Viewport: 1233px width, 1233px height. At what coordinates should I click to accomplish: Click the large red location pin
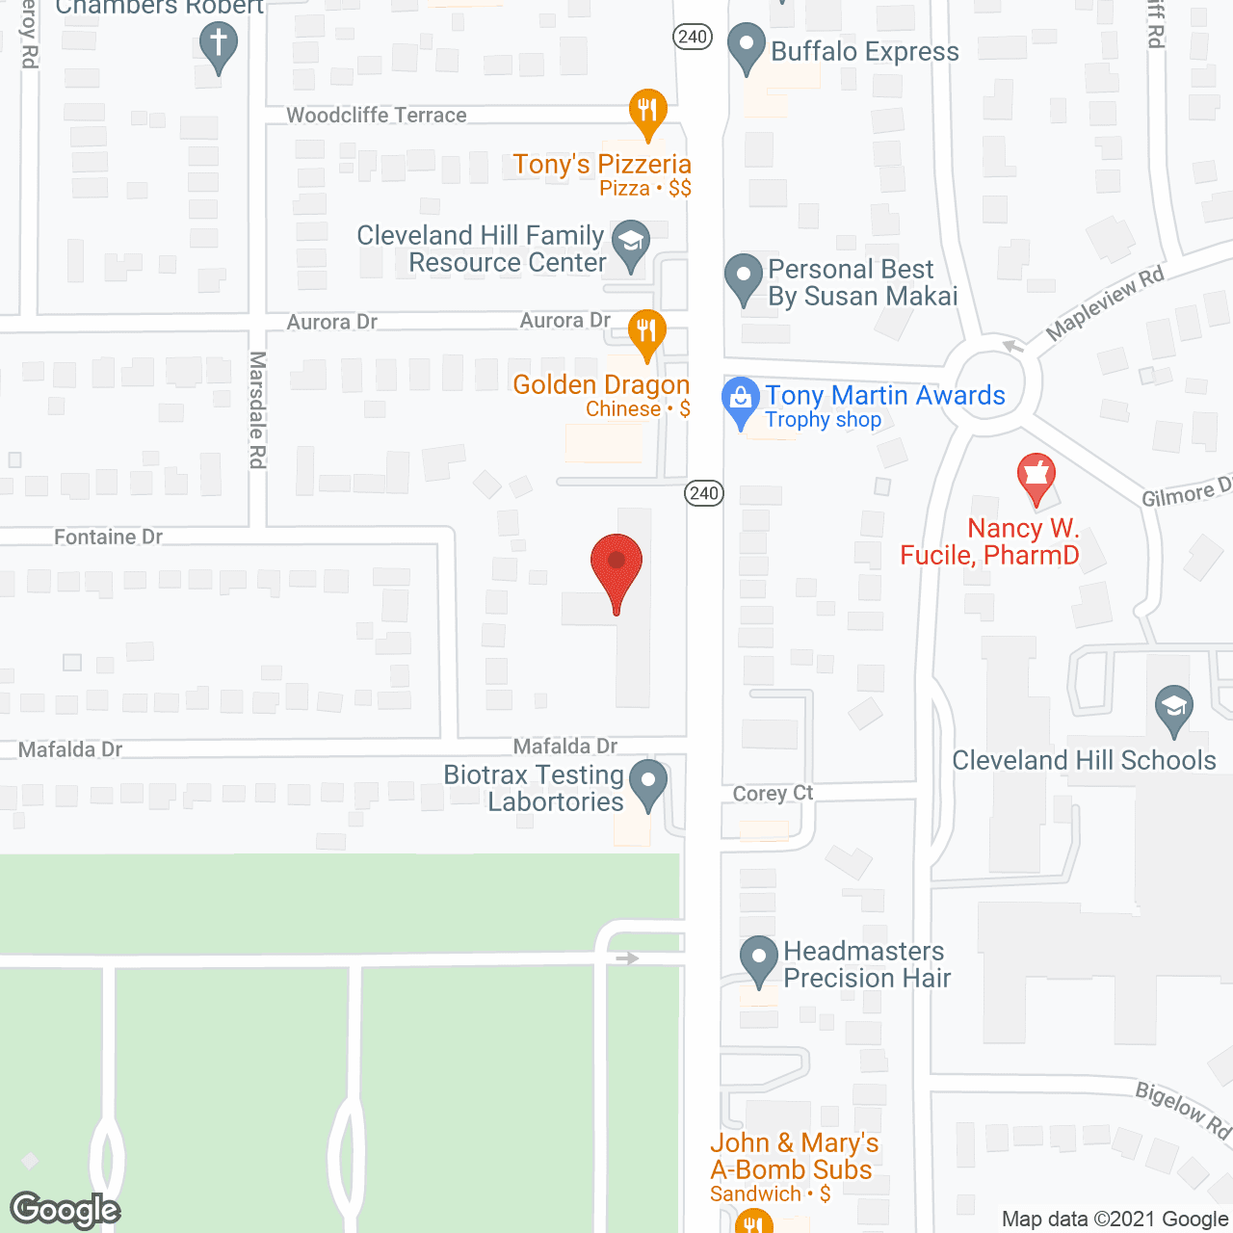tap(616, 568)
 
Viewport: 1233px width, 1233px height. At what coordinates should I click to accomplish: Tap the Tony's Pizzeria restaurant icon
tap(648, 113)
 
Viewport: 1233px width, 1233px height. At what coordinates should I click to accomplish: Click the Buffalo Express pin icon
tap(745, 48)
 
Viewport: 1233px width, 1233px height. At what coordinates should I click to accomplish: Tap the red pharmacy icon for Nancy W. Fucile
tap(1036, 477)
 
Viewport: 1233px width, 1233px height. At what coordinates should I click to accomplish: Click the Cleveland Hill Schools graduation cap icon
tap(1173, 710)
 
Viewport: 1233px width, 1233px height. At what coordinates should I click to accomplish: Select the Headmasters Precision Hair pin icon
tap(759, 960)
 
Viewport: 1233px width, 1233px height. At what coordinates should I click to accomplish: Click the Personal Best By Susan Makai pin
tap(743, 277)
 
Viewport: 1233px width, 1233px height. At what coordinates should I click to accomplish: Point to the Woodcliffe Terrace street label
tap(377, 116)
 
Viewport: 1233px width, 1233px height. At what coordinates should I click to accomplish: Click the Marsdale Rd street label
tap(257, 409)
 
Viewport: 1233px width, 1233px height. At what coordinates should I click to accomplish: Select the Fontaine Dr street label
tap(108, 537)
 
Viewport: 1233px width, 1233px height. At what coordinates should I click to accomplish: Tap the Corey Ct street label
tap(773, 793)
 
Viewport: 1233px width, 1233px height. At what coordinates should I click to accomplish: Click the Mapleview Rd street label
tap(1105, 302)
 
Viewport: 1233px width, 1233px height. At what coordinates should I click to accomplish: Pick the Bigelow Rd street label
tap(1182, 1110)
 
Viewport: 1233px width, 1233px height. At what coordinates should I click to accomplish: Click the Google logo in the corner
tap(66, 1210)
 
